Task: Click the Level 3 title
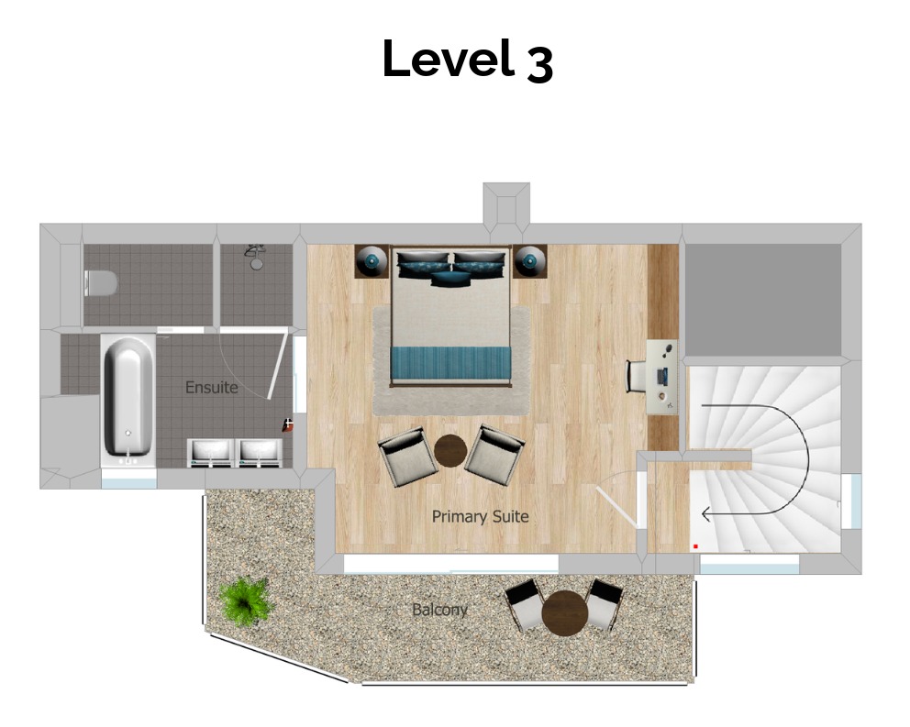[x=468, y=60]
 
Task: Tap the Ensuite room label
[x=211, y=387]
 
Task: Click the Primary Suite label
[x=480, y=516]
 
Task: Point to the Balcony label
[x=439, y=610]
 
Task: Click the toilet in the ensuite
[x=100, y=283]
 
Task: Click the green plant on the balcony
[x=246, y=600]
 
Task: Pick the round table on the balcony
[x=565, y=612]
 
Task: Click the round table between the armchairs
[x=450, y=451]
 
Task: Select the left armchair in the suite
[x=407, y=456]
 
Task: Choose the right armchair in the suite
[x=495, y=455]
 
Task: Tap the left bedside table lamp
[x=372, y=260]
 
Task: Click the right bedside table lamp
[x=529, y=260]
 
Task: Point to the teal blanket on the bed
[x=451, y=361]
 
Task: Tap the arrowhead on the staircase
[x=706, y=514]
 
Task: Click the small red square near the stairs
[x=695, y=546]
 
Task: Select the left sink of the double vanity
[x=211, y=453]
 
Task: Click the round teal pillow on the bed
[x=450, y=279]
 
